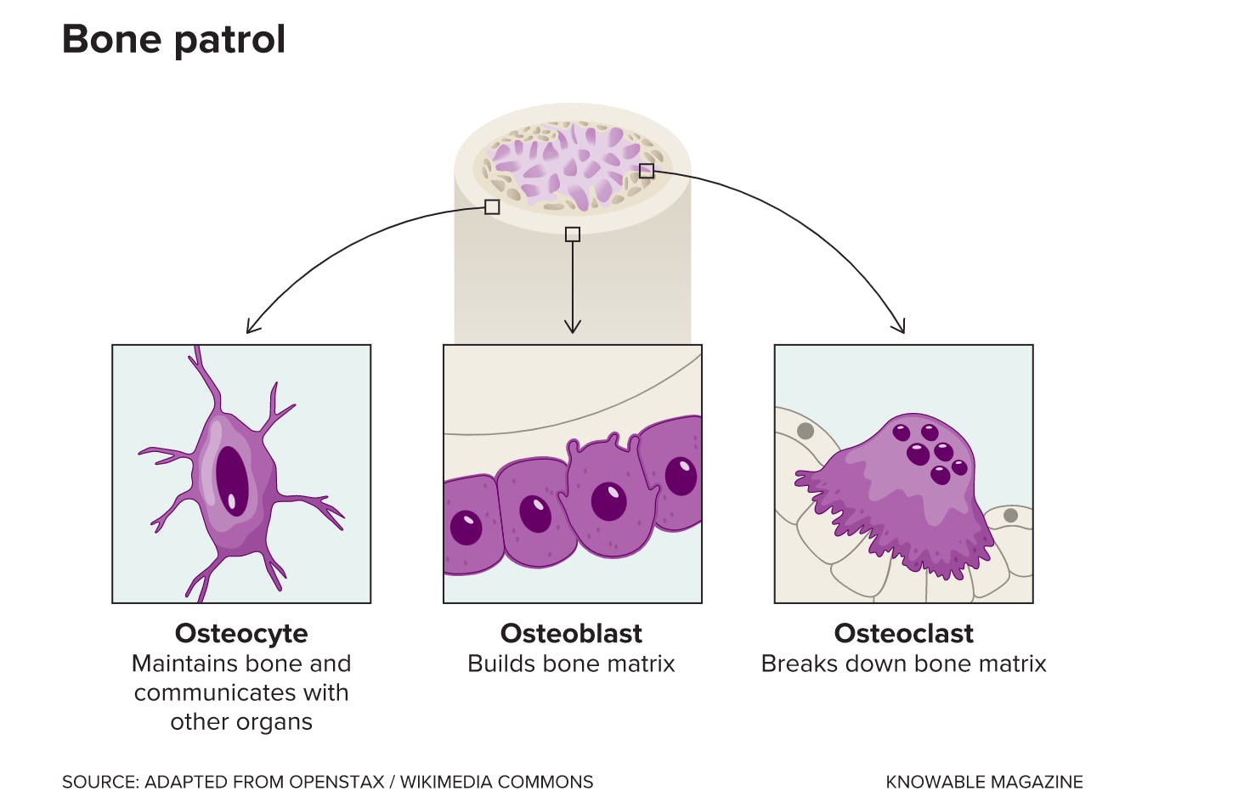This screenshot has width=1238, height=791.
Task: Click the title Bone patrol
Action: (173, 39)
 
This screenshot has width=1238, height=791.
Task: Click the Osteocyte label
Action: (241, 634)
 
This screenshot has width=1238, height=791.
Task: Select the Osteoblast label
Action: (571, 634)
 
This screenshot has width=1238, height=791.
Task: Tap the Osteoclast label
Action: (903, 634)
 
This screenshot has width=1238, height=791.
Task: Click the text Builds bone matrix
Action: (571, 664)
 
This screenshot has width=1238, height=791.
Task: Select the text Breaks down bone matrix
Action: (903, 664)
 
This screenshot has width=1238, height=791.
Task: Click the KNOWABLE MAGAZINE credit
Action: (984, 782)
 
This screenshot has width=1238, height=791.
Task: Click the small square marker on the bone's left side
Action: (492, 206)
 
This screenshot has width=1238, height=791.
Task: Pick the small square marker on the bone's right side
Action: (647, 171)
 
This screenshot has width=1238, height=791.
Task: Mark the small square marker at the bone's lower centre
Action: (573, 234)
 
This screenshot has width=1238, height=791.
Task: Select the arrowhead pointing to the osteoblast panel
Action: (573, 328)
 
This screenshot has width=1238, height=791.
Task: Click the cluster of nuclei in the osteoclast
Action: (929, 451)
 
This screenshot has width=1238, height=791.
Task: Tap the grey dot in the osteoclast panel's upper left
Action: (806, 431)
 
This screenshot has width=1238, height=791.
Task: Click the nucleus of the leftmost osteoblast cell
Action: (466, 528)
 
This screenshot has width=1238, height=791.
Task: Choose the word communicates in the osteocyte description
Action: (199, 692)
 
